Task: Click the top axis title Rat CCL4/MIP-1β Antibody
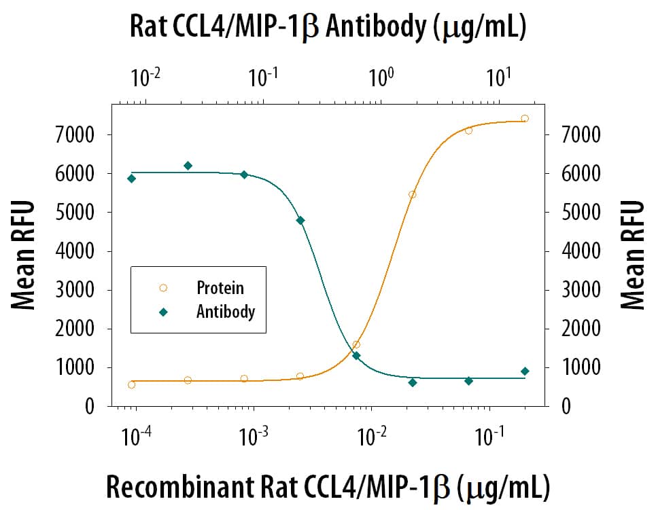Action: (328, 28)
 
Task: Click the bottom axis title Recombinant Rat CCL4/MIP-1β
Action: (328, 487)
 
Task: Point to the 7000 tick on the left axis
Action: (75, 134)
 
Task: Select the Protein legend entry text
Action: (220, 287)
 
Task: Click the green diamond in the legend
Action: (163, 312)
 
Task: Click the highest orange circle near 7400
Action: (525, 119)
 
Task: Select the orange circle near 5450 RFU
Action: (412, 195)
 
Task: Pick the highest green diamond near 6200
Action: (188, 166)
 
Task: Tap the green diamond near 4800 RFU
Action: (300, 220)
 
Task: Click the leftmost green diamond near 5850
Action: (132, 179)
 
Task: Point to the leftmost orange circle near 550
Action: (132, 384)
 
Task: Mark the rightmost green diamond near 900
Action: (525, 371)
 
